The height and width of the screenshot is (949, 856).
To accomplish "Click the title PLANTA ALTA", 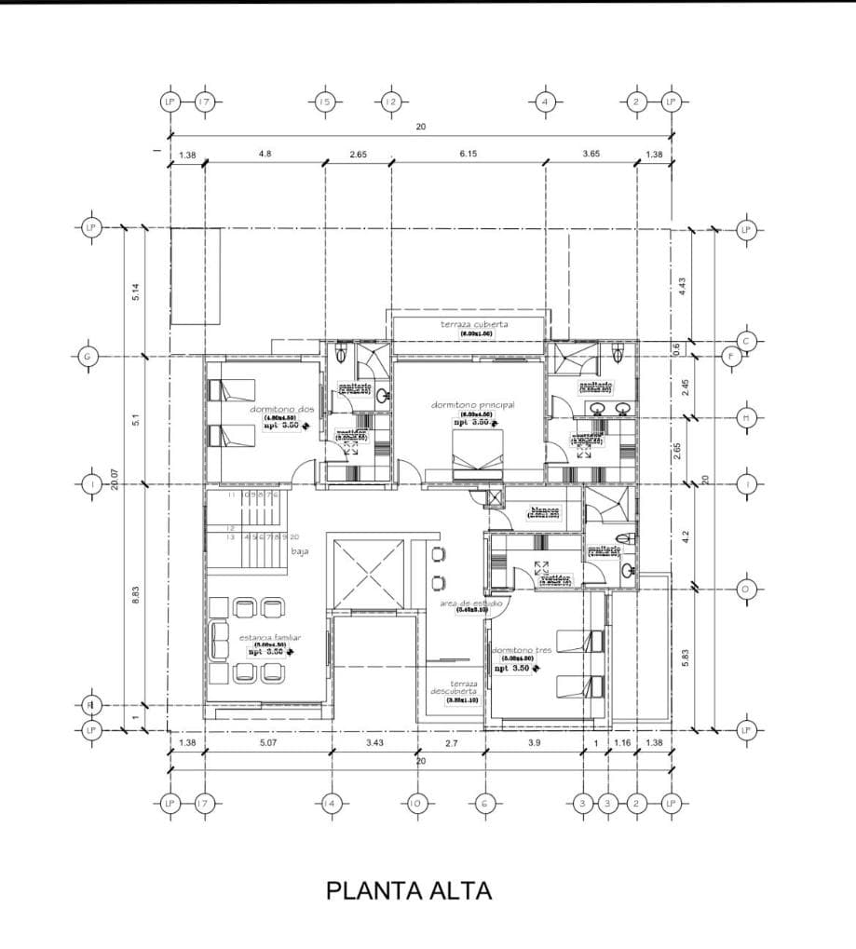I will tap(409, 890).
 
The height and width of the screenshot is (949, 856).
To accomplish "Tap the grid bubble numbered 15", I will tap(324, 102).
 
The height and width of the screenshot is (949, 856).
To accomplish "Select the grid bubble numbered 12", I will tap(390, 102).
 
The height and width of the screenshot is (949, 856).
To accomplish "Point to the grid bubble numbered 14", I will tap(329, 803).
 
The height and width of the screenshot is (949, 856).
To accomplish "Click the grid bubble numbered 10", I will tap(416, 803).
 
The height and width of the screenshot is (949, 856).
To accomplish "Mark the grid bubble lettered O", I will tap(746, 589).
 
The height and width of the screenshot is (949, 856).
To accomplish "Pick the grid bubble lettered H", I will tap(746, 417).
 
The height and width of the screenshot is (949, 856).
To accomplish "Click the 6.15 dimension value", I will tap(468, 155).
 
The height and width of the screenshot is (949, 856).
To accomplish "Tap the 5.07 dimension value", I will tap(268, 742).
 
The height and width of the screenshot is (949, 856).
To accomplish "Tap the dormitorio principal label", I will tap(472, 405).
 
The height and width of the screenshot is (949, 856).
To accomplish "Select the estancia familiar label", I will tap(268, 638).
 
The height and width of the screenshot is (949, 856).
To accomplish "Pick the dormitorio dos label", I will tap(279, 409).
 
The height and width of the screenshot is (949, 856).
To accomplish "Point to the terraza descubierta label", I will tap(454, 687).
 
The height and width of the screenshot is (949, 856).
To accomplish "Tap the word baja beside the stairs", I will tap(300, 551).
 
